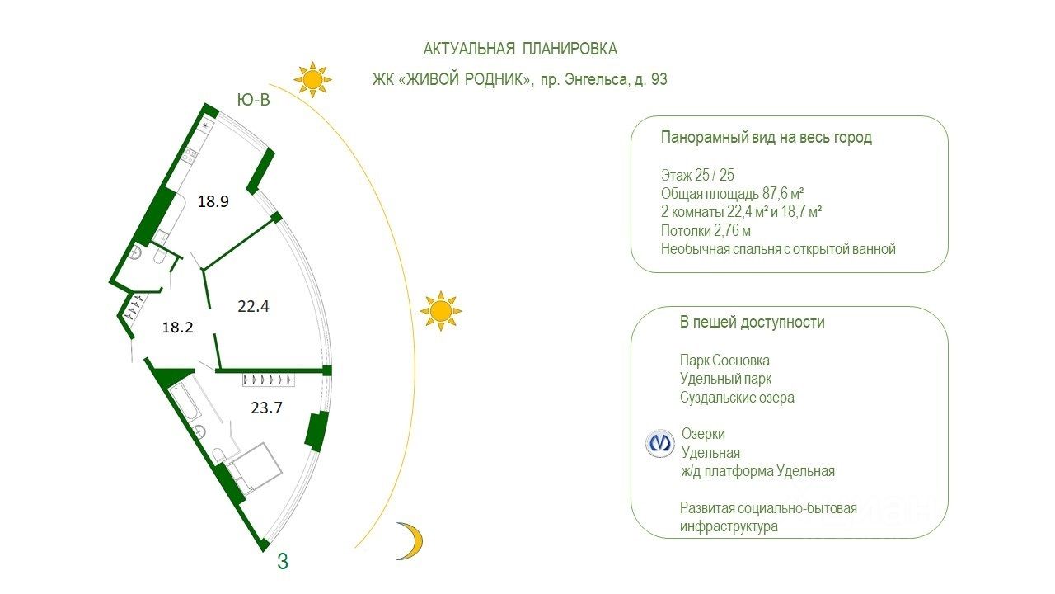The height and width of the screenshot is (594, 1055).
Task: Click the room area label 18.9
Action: [x=213, y=202]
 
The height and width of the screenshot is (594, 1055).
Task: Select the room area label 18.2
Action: [x=177, y=327]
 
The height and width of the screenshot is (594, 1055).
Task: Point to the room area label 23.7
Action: [x=266, y=406]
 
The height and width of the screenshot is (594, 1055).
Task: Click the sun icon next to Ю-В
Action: [x=312, y=80]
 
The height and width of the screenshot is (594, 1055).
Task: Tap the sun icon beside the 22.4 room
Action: [x=440, y=311]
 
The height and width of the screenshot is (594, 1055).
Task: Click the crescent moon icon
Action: [x=410, y=540]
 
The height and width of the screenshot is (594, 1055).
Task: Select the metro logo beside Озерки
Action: [x=659, y=443]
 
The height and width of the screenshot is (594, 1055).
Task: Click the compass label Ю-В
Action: [x=253, y=101]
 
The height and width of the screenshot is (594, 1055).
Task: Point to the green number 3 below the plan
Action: [x=283, y=563]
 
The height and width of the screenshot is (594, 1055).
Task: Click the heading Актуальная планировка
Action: [x=520, y=49]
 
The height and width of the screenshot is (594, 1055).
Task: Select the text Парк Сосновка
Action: [x=724, y=361]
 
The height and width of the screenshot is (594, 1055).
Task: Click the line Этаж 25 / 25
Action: [x=697, y=175]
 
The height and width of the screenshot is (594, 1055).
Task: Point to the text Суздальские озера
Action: [x=737, y=398]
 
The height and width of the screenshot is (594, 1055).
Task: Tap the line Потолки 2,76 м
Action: [x=706, y=230]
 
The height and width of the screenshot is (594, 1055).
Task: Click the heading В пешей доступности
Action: [x=752, y=323]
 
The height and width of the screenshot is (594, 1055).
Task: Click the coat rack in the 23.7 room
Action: [x=269, y=380]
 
